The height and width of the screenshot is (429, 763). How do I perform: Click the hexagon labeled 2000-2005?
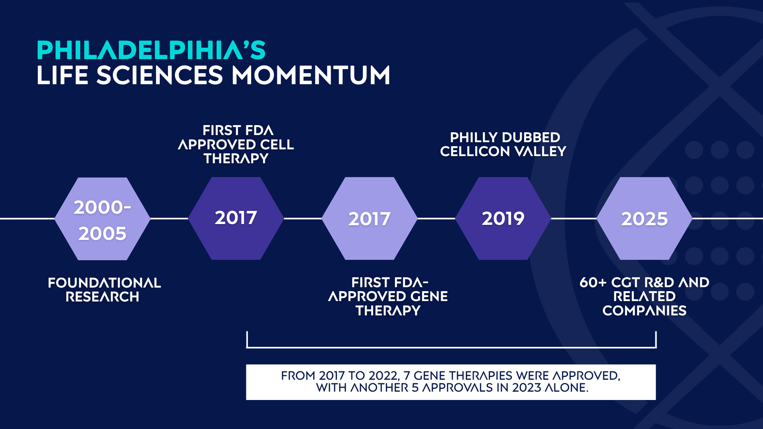103,219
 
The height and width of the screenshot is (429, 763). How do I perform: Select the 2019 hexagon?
503,218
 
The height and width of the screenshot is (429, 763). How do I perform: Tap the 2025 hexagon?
645,218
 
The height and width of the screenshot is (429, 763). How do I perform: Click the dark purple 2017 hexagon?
236,218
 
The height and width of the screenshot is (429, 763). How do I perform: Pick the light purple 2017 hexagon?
370,218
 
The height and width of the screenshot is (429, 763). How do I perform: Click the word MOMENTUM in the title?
311,75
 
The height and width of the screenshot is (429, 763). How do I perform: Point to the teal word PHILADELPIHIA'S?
151,50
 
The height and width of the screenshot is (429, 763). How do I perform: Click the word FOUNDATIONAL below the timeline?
104,283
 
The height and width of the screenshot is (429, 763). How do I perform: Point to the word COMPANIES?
645,311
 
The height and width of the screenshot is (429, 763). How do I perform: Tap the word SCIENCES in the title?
160,75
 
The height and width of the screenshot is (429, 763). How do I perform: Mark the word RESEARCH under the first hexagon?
103,297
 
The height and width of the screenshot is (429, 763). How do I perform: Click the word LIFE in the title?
62,75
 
